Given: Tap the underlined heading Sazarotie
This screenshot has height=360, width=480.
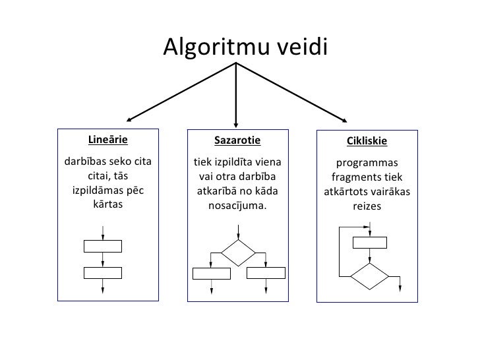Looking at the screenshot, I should pyautogui.click(x=237, y=140).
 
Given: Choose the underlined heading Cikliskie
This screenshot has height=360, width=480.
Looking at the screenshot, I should pyautogui.click(x=367, y=142).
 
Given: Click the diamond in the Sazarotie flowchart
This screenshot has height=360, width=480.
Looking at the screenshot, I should pyautogui.click(x=237, y=252).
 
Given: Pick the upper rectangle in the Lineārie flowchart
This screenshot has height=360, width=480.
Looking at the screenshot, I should pyautogui.click(x=104, y=247).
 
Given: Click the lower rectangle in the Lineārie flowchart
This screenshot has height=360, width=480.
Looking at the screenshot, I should pyautogui.click(x=104, y=272).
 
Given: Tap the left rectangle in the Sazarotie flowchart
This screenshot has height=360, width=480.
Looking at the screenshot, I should pyautogui.click(x=210, y=272).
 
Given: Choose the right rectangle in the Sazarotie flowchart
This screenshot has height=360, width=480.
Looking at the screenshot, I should pyautogui.click(x=265, y=272).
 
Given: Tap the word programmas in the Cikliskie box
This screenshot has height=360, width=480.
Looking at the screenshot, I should pyautogui.click(x=367, y=163).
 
